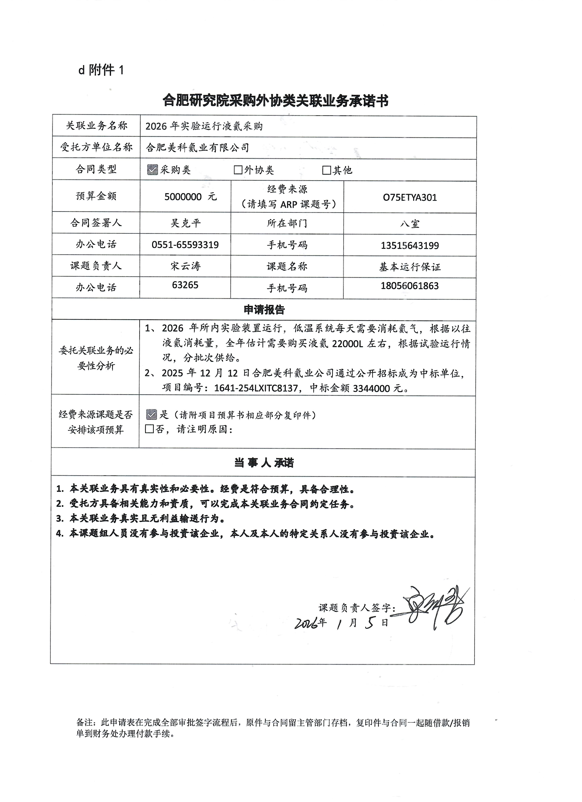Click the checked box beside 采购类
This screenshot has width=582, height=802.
tap(152, 170)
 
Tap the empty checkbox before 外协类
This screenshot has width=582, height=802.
tap(238, 170)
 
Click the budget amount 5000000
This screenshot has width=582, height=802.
tap(183, 197)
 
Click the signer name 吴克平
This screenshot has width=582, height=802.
tap(186, 223)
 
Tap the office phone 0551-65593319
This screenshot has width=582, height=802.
tap(185, 245)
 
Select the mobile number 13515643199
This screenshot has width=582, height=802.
tap(410, 245)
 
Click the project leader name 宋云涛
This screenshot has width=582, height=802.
tap(186, 266)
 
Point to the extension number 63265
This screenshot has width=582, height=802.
tap(185, 285)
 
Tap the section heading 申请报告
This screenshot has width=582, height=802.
tap(264, 310)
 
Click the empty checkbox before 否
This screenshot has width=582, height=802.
tap(149, 429)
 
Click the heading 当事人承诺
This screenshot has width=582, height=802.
tap(264, 463)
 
